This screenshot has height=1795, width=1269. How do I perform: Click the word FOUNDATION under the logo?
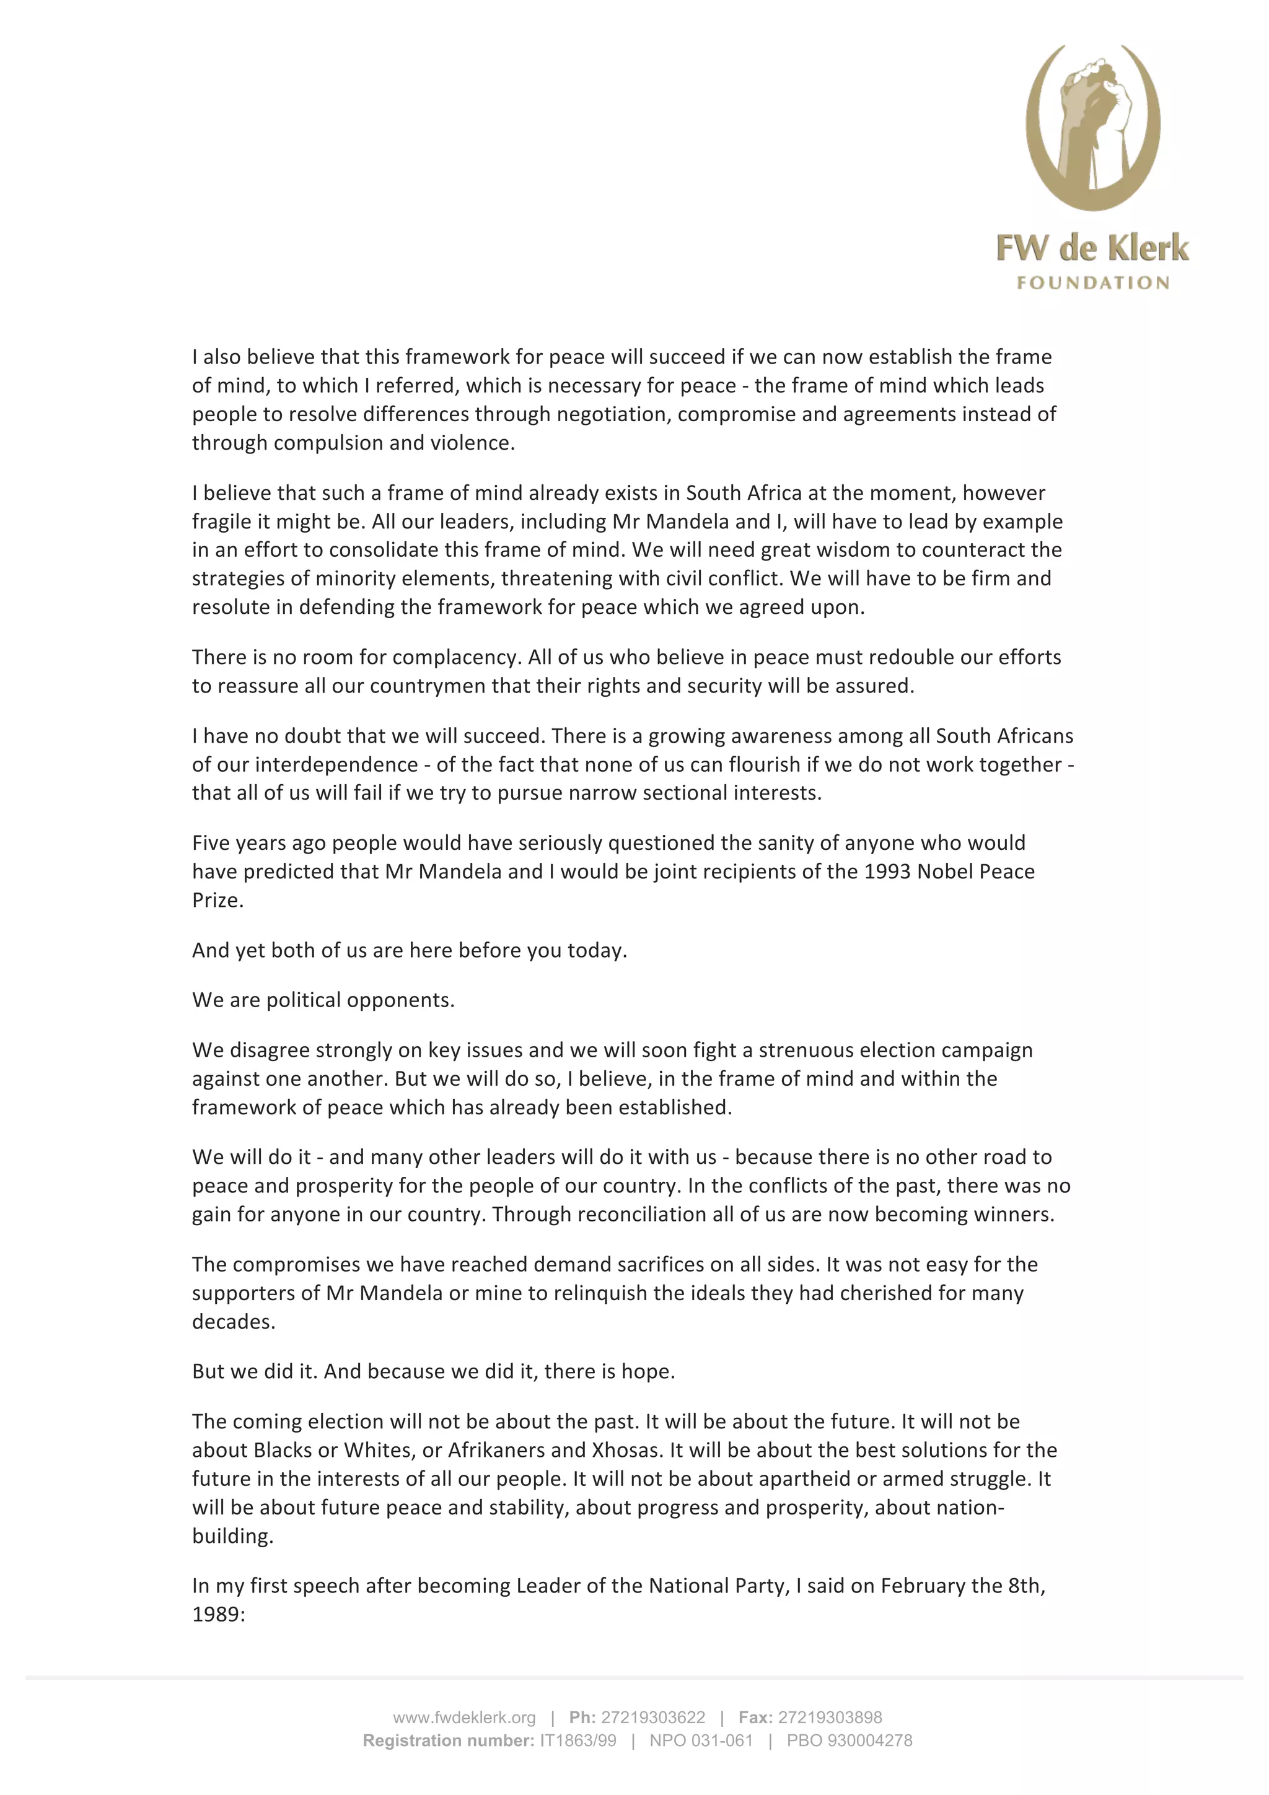pyautogui.click(x=1092, y=283)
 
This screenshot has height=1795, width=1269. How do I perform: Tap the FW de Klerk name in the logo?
pyautogui.click(x=1092, y=248)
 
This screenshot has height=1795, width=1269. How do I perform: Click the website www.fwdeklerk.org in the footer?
pyautogui.click(x=465, y=1718)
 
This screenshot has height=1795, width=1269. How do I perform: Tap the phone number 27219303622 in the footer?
pyautogui.click(x=653, y=1718)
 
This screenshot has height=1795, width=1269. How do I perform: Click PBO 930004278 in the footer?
pyautogui.click(x=849, y=1740)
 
